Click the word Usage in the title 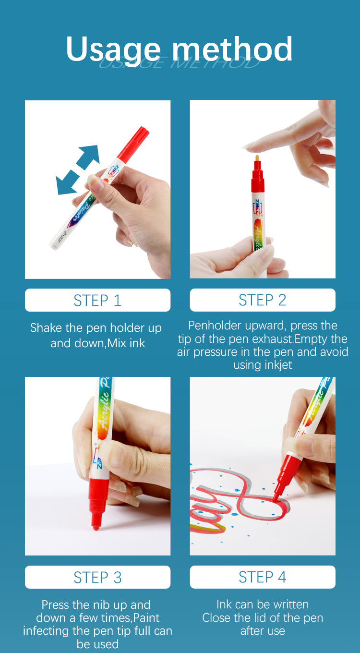coord(113,49)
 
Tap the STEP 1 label coord(97,300)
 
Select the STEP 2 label coord(263,300)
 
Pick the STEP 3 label coord(97,577)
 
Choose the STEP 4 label coord(263,577)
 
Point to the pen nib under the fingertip coord(258,159)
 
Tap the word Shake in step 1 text coord(46,328)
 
